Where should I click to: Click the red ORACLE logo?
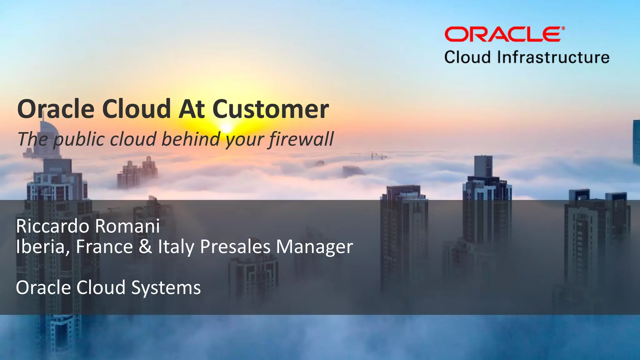point(502,34)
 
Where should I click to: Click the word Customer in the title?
point(270,109)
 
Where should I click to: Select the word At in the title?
point(192,109)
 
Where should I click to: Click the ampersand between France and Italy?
point(145,247)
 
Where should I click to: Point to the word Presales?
point(235,247)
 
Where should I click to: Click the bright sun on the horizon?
point(227,128)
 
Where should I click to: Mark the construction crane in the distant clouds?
point(372,155)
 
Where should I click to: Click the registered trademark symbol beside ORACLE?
point(563,28)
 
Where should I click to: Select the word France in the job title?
point(104,247)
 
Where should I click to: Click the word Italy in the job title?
point(176,247)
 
